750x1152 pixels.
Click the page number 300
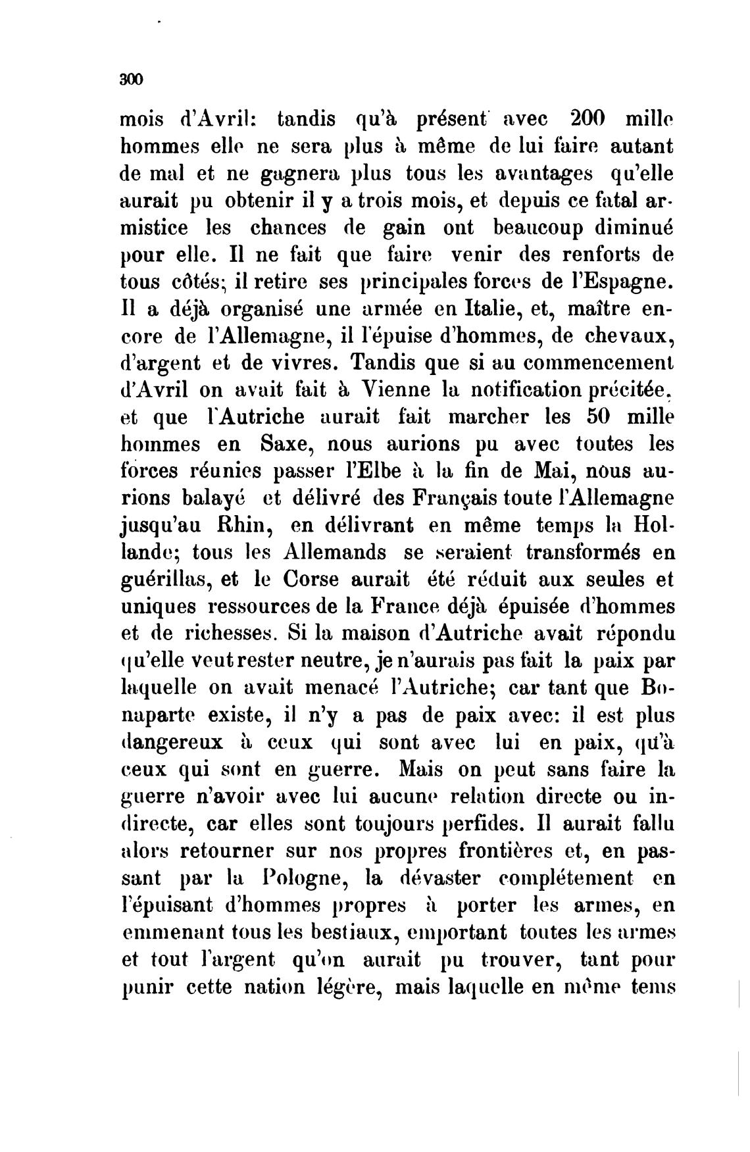point(132,79)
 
